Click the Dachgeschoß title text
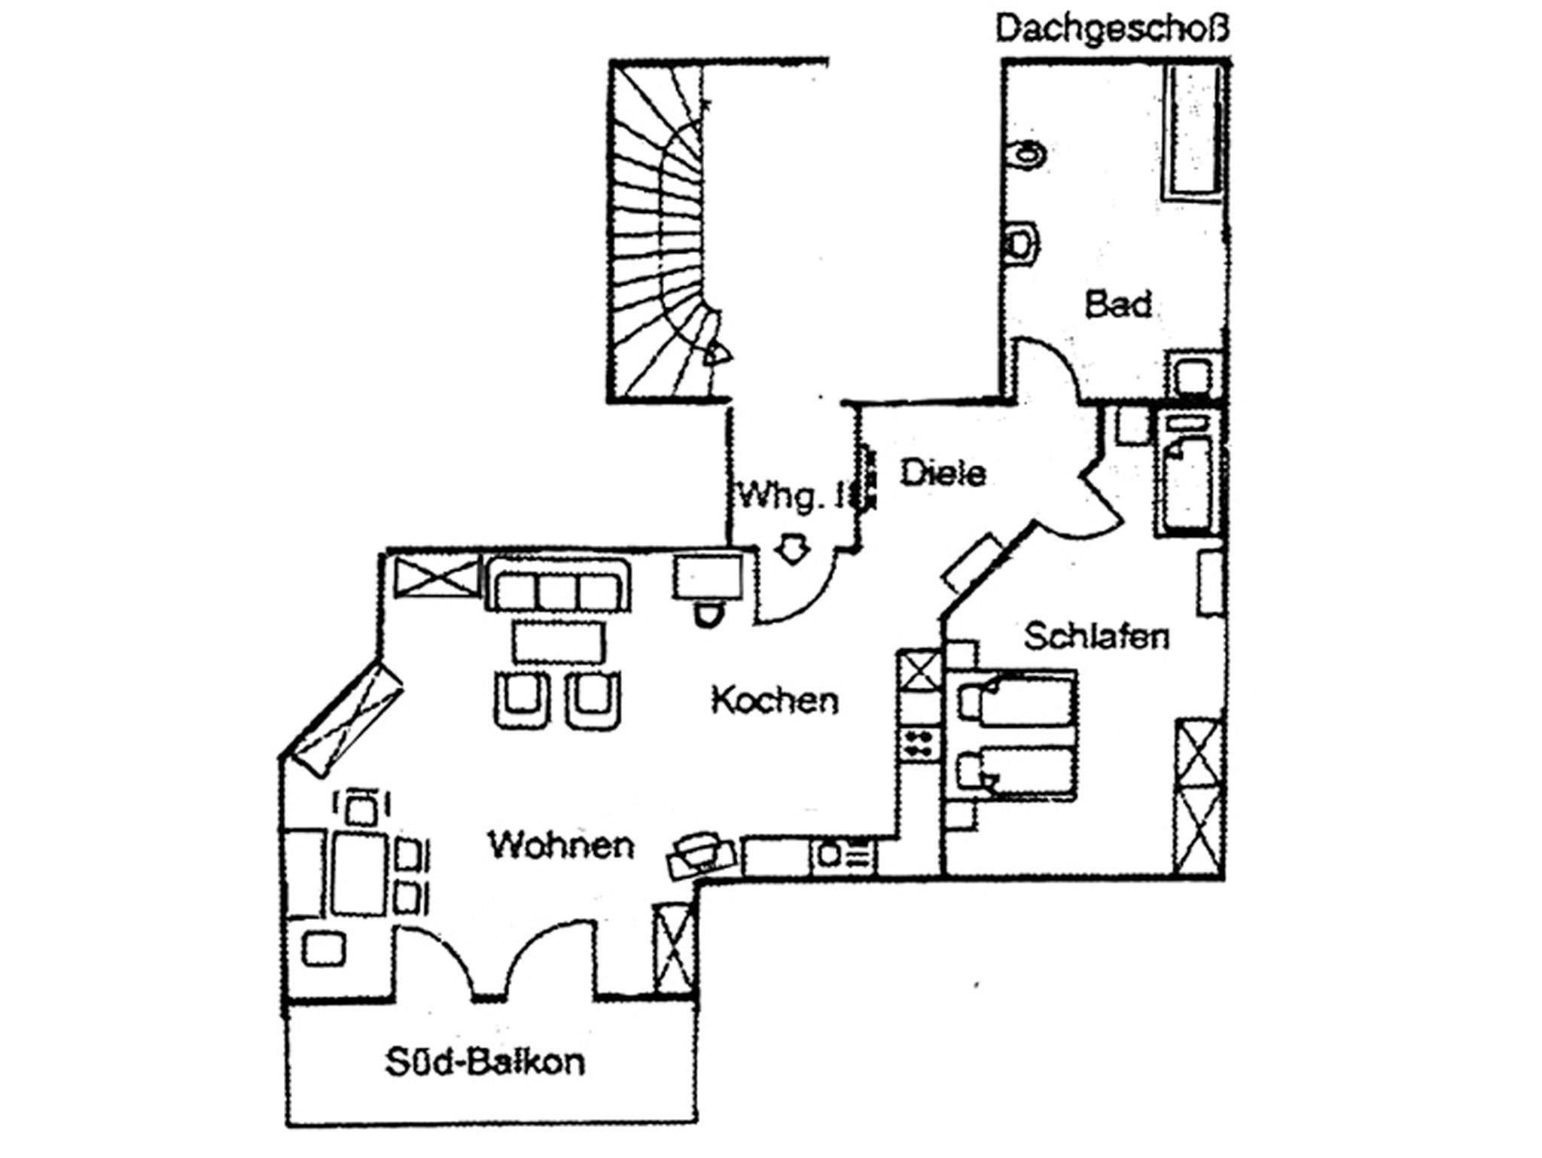click(x=1112, y=30)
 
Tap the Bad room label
click(x=1118, y=305)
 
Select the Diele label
click(x=943, y=473)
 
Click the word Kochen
click(x=775, y=701)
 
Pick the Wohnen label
click(x=562, y=845)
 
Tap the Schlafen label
click(x=1097, y=637)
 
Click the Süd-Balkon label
click(x=485, y=1062)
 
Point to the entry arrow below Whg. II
click(x=791, y=548)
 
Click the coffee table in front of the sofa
click(x=558, y=641)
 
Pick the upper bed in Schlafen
click(x=1016, y=700)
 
